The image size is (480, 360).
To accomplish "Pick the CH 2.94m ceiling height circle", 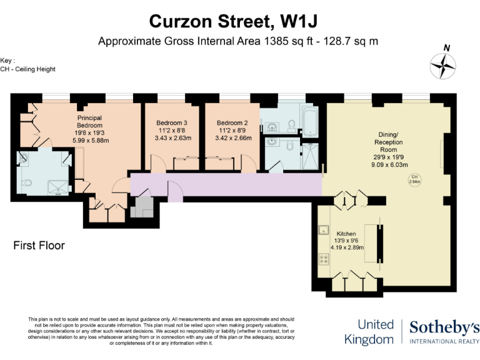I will pyautogui.click(x=414, y=180).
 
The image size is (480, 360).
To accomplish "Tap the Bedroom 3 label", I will pyautogui.click(x=172, y=122).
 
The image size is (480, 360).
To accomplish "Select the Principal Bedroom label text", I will pyautogui.click(x=89, y=121).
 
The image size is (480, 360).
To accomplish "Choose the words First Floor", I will pyautogui.click(x=39, y=246).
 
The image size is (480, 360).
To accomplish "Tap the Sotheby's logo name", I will pyautogui.click(x=444, y=327).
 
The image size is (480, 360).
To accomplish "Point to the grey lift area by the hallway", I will pyautogui.click(x=142, y=206).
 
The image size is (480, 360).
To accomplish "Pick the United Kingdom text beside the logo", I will pyautogui.click(x=376, y=332).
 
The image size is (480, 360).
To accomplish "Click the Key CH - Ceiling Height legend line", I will pyautogui.click(x=28, y=69).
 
